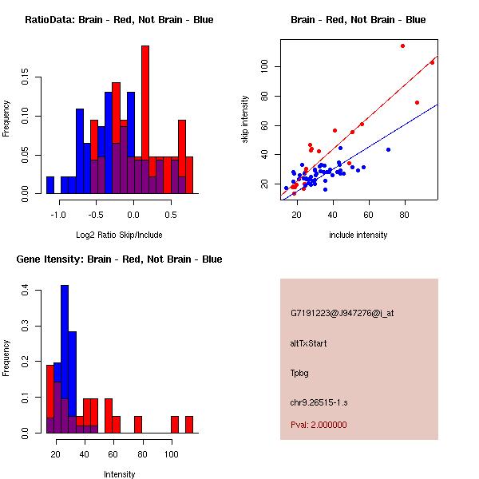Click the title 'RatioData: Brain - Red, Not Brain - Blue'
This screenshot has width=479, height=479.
119,20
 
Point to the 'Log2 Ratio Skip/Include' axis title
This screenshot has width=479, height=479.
119,235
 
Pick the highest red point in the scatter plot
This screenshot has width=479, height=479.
402,46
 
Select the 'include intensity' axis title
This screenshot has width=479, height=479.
358,235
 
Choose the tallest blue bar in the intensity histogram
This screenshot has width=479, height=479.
65,359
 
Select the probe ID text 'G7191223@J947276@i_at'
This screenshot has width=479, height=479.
342,313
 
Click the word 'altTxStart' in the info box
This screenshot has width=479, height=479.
309,343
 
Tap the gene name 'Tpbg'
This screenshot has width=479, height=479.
300,373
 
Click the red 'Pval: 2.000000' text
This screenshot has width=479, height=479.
319,425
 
